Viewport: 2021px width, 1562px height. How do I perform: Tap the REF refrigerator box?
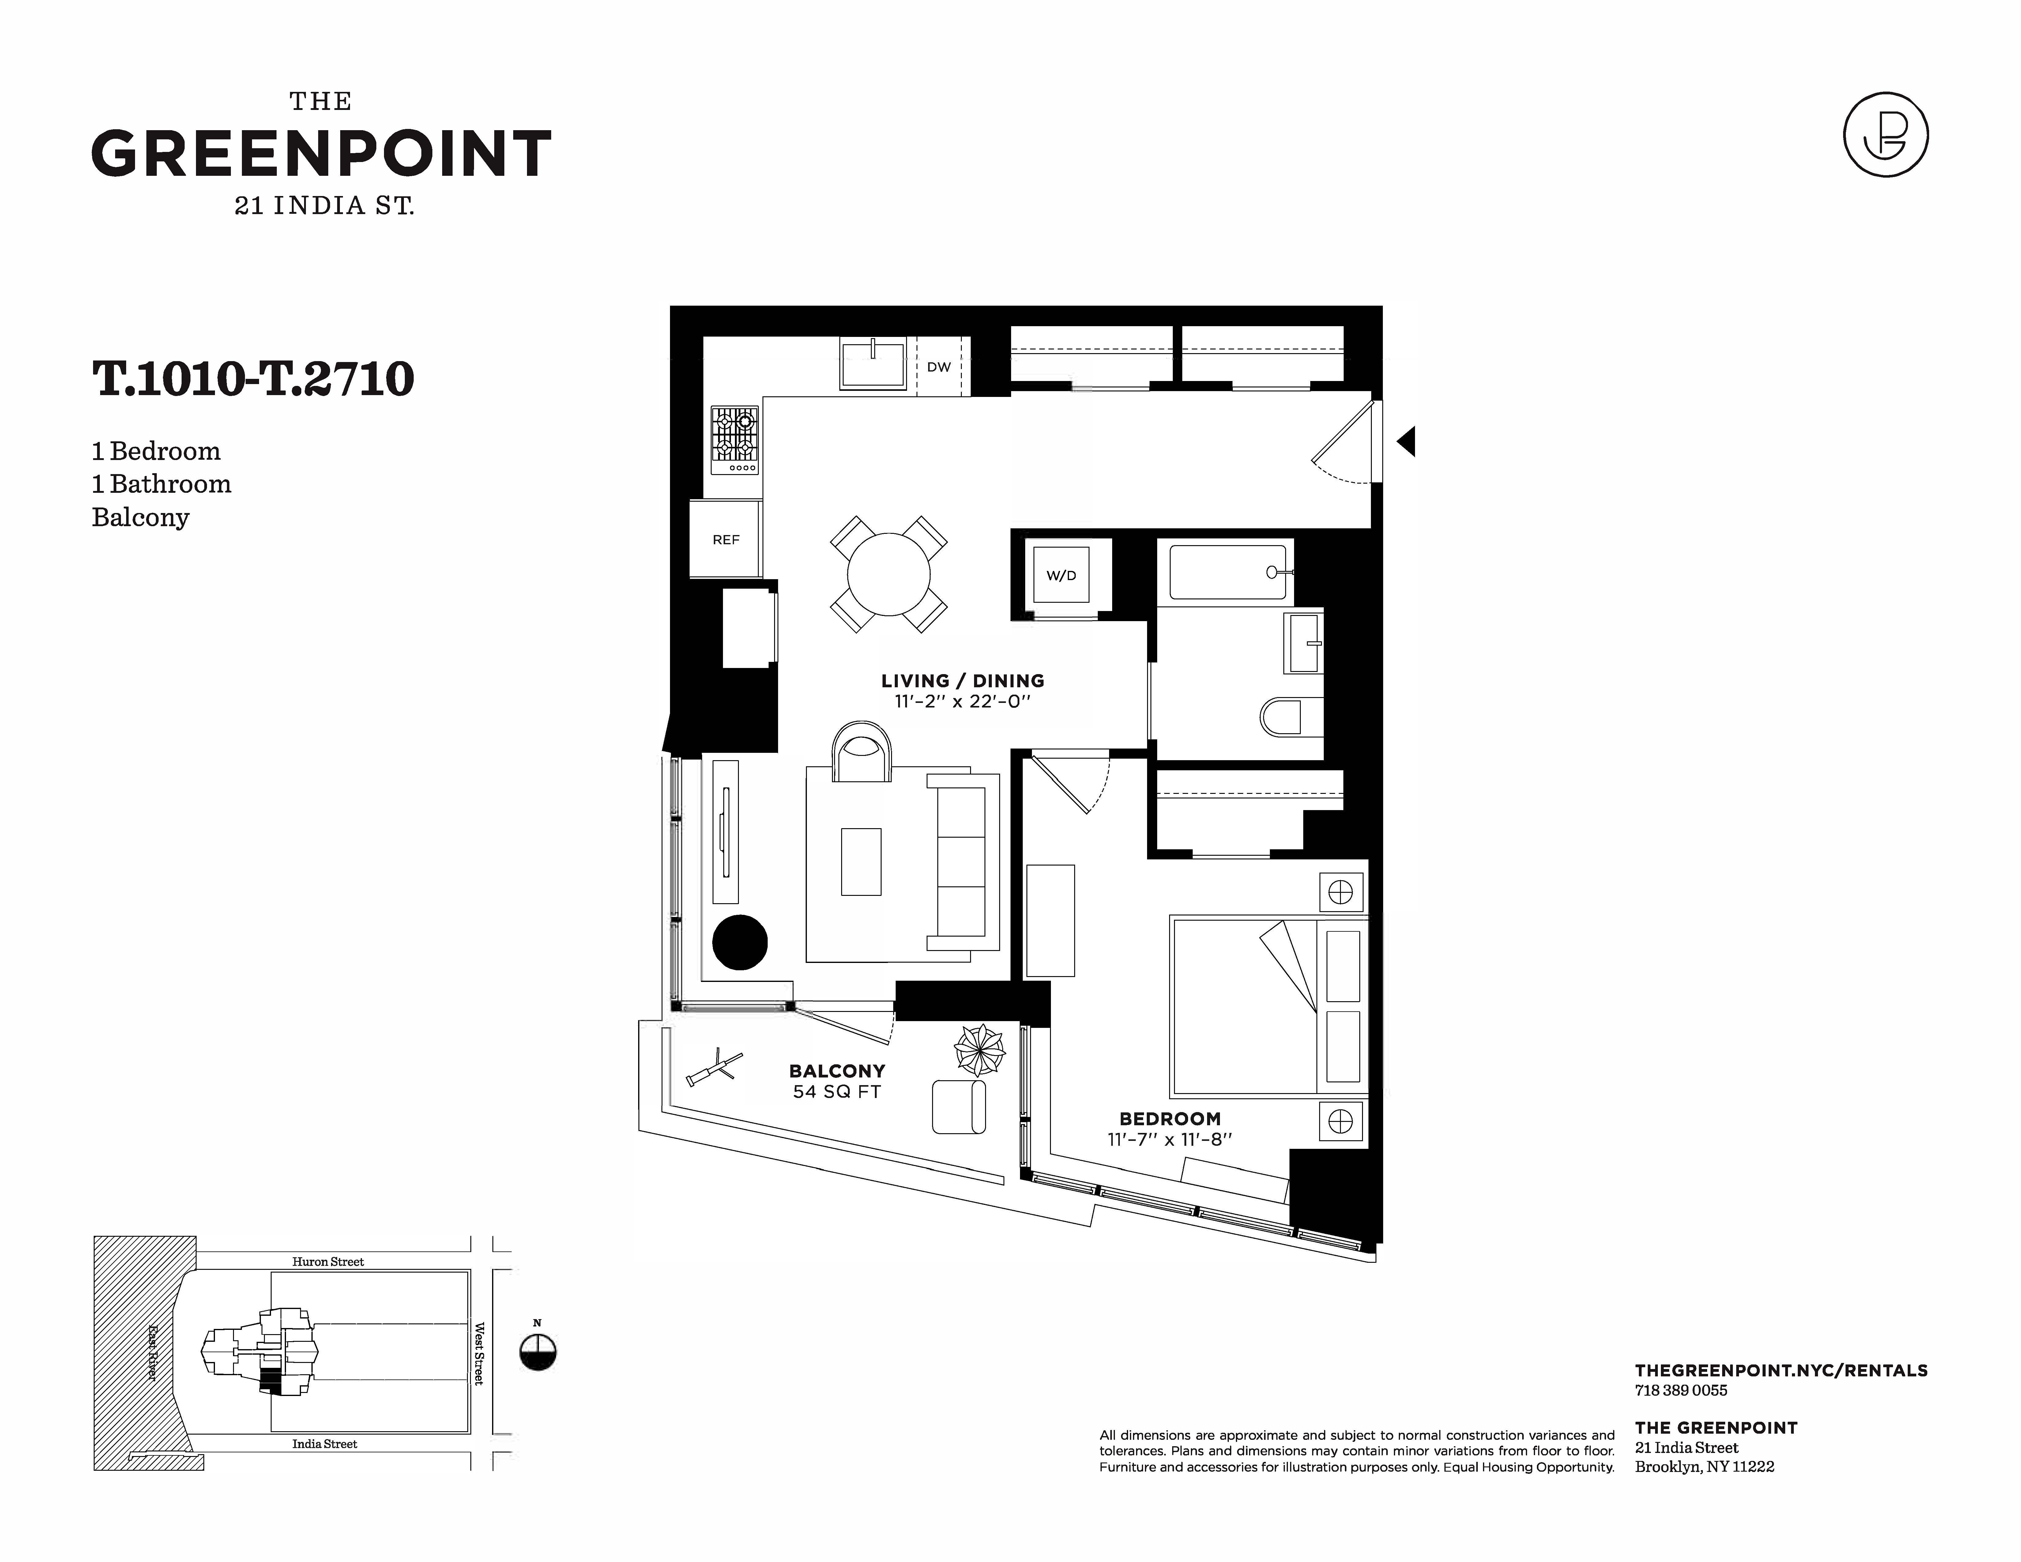(x=725, y=538)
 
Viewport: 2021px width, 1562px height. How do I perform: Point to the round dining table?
(x=888, y=574)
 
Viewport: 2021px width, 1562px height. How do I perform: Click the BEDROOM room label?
(x=1170, y=1119)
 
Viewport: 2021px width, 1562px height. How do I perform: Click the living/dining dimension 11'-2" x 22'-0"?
(x=962, y=701)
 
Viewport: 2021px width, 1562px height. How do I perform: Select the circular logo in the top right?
(x=1886, y=135)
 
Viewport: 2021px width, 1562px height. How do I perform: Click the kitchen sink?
(x=873, y=363)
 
